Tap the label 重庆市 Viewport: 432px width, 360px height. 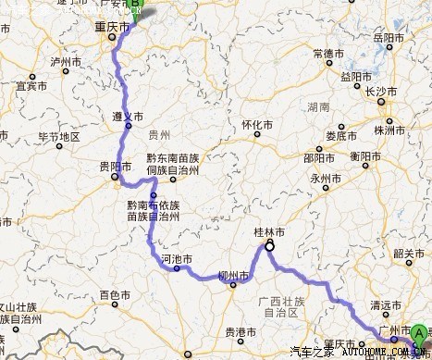(x=111, y=29)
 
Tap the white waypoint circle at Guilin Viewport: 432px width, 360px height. (x=270, y=247)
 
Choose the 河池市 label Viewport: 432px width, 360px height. (x=176, y=260)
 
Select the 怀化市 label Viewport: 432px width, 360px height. (x=258, y=125)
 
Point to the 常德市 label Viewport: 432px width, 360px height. (x=328, y=54)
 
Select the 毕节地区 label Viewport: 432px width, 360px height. (x=57, y=137)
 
